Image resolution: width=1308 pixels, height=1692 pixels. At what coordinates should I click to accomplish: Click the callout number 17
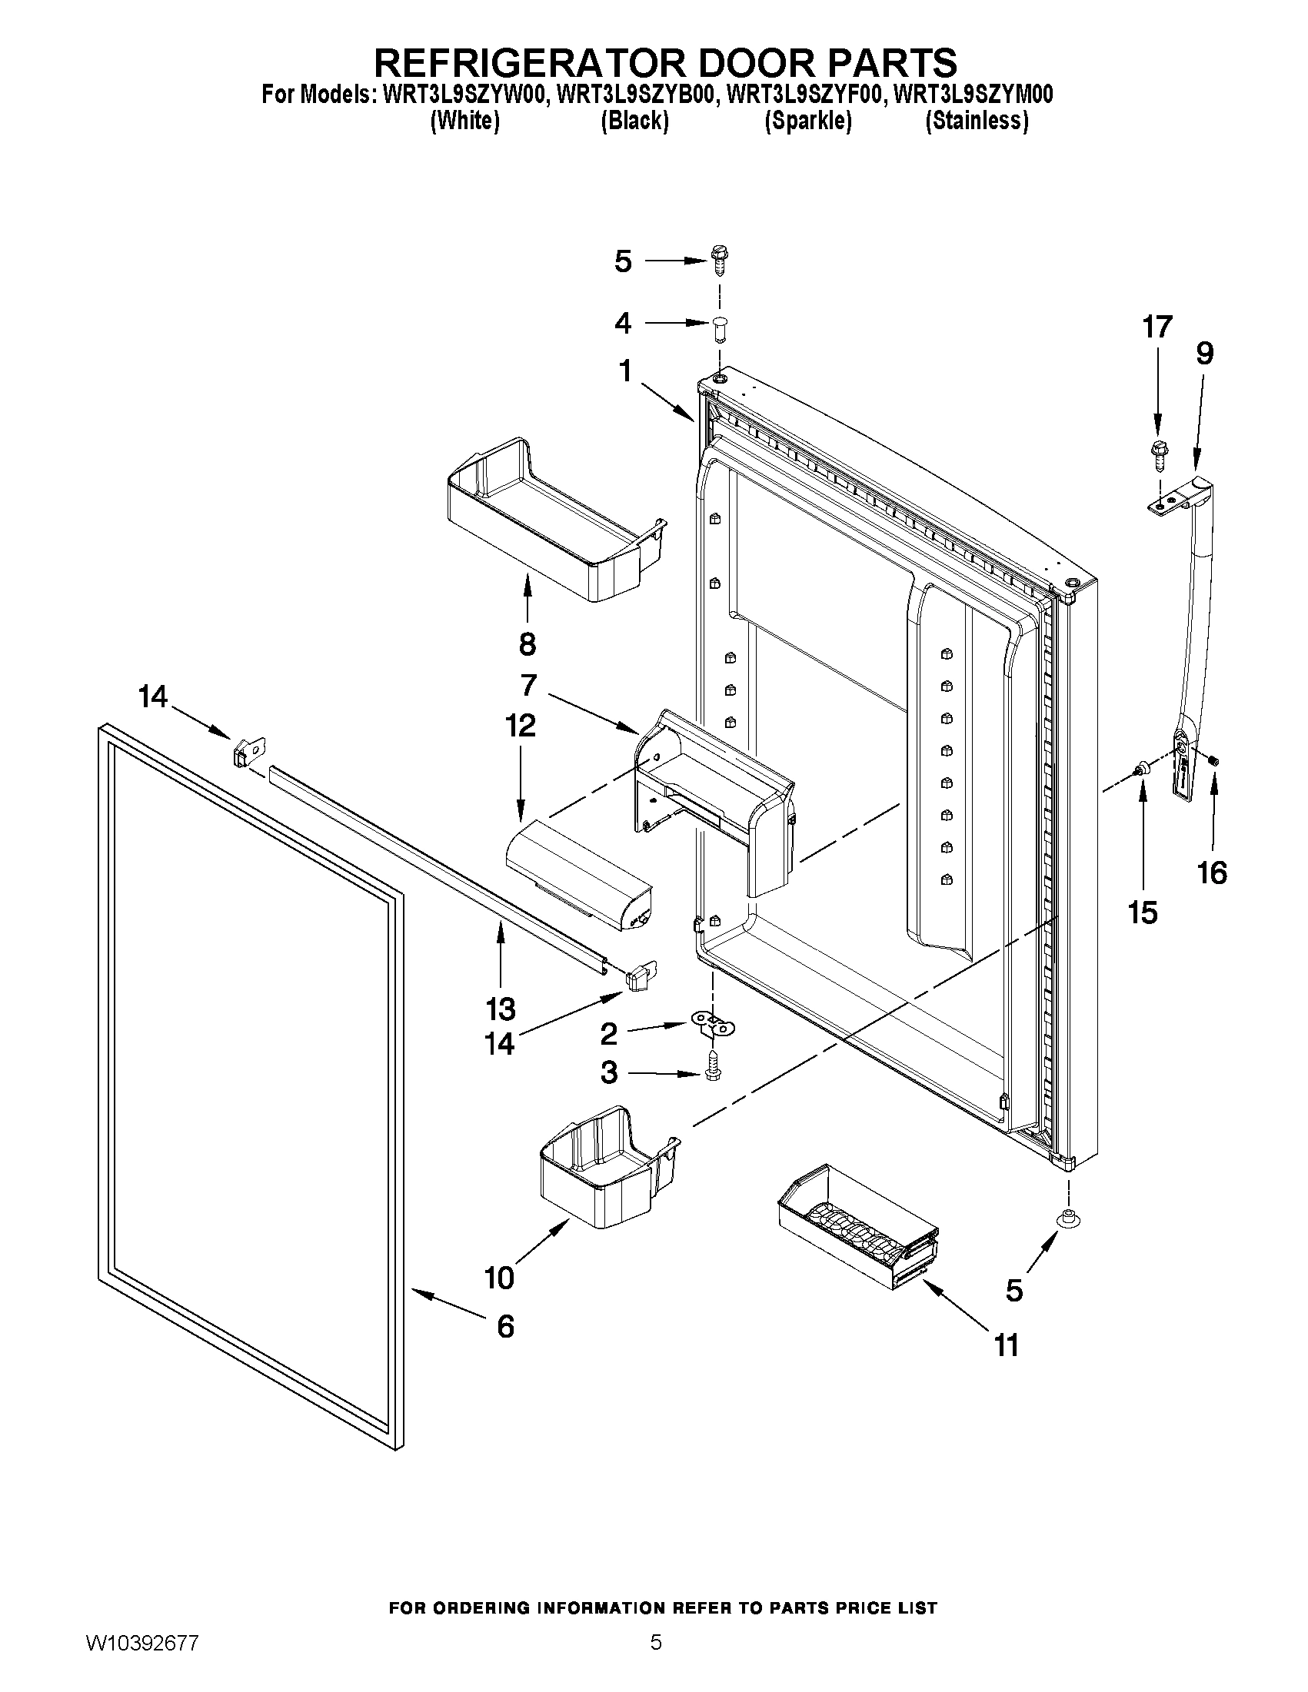point(1157,327)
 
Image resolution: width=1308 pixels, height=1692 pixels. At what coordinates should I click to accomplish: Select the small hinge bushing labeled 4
point(720,329)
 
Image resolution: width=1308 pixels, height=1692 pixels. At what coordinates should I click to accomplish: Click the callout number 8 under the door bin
point(528,643)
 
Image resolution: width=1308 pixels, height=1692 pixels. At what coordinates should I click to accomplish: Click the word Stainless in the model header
point(977,121)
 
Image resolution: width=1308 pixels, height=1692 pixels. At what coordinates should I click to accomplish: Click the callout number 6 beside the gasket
point(505,1327)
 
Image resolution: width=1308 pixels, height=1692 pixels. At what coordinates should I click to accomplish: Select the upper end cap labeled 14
point(248,750)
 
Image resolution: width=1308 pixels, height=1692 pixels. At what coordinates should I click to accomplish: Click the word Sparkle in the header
point(808,121)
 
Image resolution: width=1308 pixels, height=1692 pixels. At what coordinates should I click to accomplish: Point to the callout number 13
point(501,1009)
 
